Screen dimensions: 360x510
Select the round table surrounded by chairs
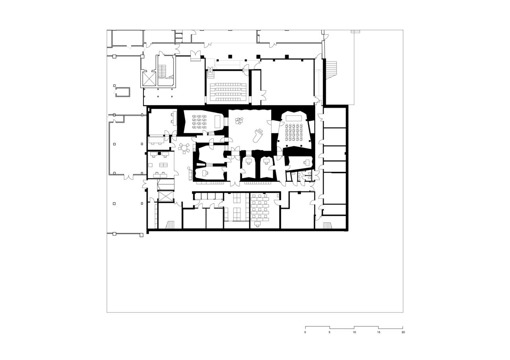click(x=184, y=148)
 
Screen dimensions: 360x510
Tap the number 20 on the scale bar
click(x=403, y=332)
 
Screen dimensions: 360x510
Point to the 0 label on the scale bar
click(x=305, y=332)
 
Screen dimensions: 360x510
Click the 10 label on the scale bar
click(x=354, y=332)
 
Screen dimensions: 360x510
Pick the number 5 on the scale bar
click(x=330, y=332)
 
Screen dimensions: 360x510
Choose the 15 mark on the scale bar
click(x=379, y=332)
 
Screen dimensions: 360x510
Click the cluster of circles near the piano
click(x=239, y=120)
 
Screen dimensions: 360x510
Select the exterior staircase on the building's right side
click(x=331, y=70)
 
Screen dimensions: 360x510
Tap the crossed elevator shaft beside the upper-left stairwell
click(x=149, y=79)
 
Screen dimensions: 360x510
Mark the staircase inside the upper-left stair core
click(x=162, y=71)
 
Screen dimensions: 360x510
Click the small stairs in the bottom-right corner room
click(x=327, y=225)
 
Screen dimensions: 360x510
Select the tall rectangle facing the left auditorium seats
click(x=217, y=122)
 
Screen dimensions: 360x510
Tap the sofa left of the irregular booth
click(x=190, y=175)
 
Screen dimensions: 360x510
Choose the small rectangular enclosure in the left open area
click(x=122, y=92)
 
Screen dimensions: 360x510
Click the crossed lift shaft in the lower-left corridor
click(x=166, y=197)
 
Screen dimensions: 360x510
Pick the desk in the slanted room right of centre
click(x=306, y=162)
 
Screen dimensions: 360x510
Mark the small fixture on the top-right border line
click(x=355, y=31)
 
